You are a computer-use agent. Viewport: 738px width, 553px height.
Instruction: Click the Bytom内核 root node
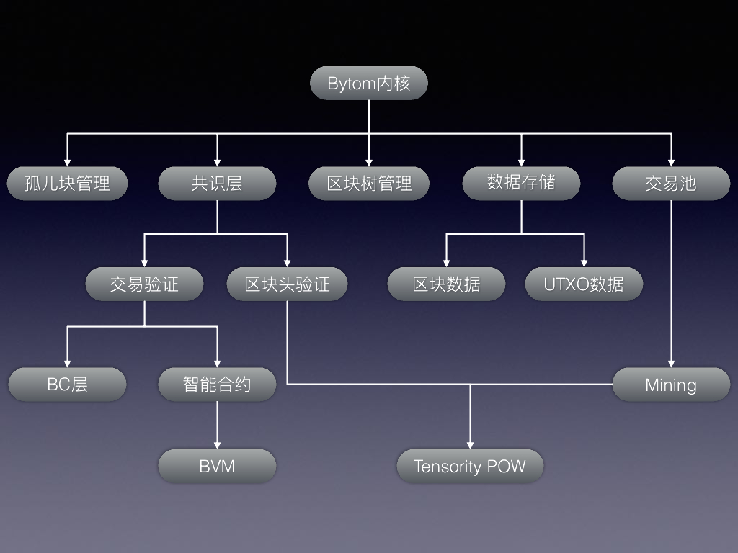[x=369, y=83]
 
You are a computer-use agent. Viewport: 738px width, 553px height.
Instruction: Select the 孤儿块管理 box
[x=67, y=184]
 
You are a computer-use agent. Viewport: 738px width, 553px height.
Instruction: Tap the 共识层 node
[x=217, y=184]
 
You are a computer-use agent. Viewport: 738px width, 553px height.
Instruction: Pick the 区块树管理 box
[x=369, y=184]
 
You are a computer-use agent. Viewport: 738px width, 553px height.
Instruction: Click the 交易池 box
[x=671, y=184]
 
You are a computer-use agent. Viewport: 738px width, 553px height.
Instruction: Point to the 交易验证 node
[x=144, y=284]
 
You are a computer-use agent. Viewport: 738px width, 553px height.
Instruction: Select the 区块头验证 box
[x=287, y=284]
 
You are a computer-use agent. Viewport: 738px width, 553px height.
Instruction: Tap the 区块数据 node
[x=446, y=284]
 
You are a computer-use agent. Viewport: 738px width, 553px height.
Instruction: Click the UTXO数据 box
[x=584, y=284]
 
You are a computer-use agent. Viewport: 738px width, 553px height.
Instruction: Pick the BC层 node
[x=67, y=385]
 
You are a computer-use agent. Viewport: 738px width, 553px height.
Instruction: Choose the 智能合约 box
[x=217, y=385]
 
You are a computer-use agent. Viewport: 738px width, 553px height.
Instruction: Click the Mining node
[x=671, y=385]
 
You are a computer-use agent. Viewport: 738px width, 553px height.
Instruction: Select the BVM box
[x=217, y=466]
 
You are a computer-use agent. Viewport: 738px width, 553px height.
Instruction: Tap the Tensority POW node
[x=470, y=466]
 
